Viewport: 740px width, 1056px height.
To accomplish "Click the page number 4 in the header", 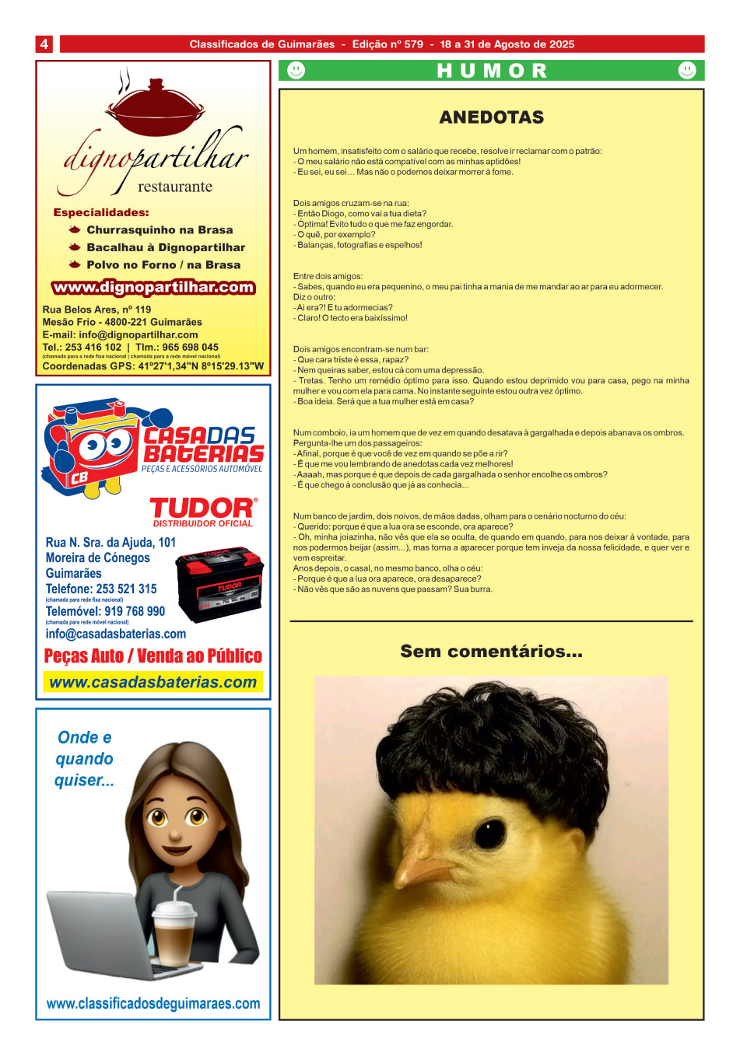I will [x=44, y=44].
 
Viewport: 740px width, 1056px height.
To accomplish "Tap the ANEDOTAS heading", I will [x=491, y=117].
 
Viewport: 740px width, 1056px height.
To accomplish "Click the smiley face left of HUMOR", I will [x=296, y=71].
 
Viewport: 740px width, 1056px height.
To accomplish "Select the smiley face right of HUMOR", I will [x=687, y=71].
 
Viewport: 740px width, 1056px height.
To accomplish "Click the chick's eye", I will [x=490, y=833].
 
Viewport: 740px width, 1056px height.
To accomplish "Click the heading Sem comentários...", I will [x=491, y=652].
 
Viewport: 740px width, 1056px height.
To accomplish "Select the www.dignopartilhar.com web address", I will [x=153, y=287].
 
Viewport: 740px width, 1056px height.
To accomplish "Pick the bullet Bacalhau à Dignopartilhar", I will [x=166, y=247].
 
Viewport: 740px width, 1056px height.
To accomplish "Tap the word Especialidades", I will [x=101, y=212].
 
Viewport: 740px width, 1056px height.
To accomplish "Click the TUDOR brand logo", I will [x=203, y=508].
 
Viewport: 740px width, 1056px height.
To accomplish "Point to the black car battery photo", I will [x=219, y=584].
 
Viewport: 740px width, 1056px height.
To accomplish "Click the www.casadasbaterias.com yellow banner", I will [x=153, y=682].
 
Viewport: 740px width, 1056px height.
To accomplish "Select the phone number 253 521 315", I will [x=126, y=589].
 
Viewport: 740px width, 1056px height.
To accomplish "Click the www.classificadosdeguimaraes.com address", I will [x=153, y=1003].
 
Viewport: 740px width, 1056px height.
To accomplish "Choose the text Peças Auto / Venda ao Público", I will [x=153, y=656].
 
